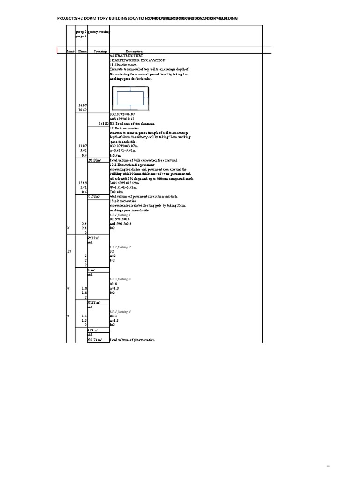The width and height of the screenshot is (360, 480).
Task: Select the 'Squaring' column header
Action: click(100, 51)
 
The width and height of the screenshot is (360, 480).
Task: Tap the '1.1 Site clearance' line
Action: click(123, 64)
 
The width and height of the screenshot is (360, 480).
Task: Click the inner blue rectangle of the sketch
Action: click(130, 97)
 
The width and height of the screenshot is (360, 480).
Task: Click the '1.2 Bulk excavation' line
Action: click(124, 128)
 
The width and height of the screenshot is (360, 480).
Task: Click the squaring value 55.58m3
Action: click(94, 196)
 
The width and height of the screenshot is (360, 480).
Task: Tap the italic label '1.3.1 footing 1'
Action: click(120, 215)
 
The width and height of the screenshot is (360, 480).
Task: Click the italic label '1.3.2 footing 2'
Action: click(120, 247)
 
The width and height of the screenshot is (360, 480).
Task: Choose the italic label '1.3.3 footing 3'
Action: click(120, 279)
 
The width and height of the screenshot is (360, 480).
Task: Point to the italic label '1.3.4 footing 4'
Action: click(120, 312)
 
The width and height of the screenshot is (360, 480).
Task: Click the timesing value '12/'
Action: click(69, 252)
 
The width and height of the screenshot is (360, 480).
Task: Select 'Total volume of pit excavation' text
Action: click(132, 340)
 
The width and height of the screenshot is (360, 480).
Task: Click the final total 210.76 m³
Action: click(95, 340)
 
